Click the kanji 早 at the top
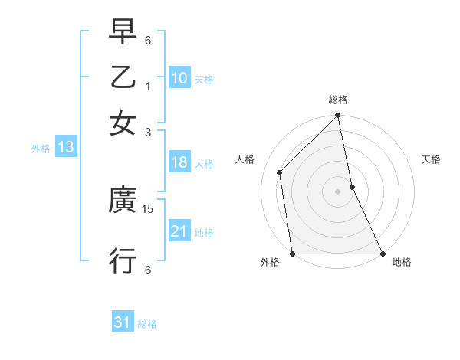click(x=123, y=31)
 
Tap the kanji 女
click(x=123, y=123)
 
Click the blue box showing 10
click(x=179, y=78)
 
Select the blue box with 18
click(x=179, y=162)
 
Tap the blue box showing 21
click(x=179, y=231)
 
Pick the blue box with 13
click(x=65, y=147)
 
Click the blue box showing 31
click(x=123, y=322)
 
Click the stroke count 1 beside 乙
click(x=148, y=86)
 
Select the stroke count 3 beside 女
click(x=148, y=132)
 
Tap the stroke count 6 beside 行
click(x=148, y=270)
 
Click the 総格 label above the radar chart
click(x=338, y=100)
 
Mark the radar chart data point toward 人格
click(x=280, y=172)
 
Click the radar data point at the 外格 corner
click(x=293, y=254)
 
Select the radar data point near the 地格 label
click(x=383, y=254)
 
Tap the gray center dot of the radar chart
click(x=338, y=191)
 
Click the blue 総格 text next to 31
click(x=147, y=324)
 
